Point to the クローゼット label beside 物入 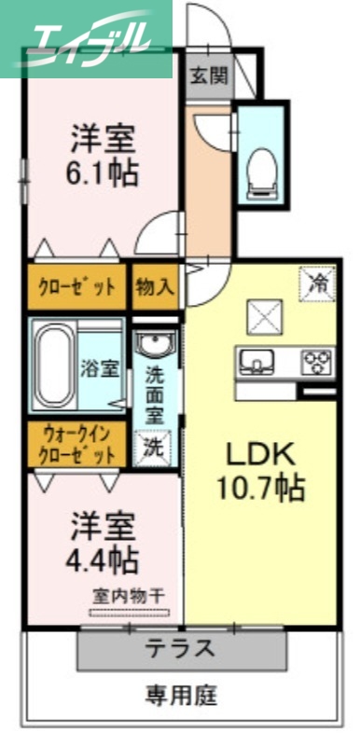(x=76, y=286)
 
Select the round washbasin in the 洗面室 (x=154, y=345)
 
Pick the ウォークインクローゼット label (x=76, y=446)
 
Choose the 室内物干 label (x=128, y=596)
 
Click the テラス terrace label (x=180, y=648)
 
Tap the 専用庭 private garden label (x=182, y=695)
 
